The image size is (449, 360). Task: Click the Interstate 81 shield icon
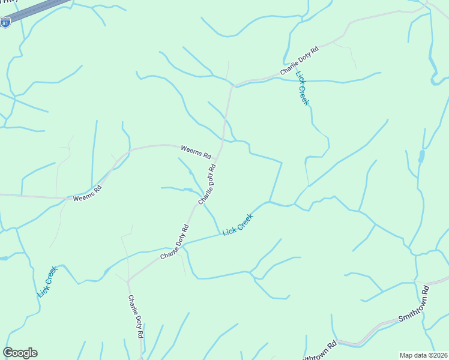point(5,23)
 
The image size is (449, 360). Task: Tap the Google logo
point(20,353)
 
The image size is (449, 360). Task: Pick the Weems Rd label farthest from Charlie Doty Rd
point(88,193)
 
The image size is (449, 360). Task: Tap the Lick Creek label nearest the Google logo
point(47,281)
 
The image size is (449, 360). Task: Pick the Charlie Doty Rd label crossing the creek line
point(175,242)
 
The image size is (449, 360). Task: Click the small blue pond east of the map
point(421,157)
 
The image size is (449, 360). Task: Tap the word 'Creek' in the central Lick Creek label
point(246,220)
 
